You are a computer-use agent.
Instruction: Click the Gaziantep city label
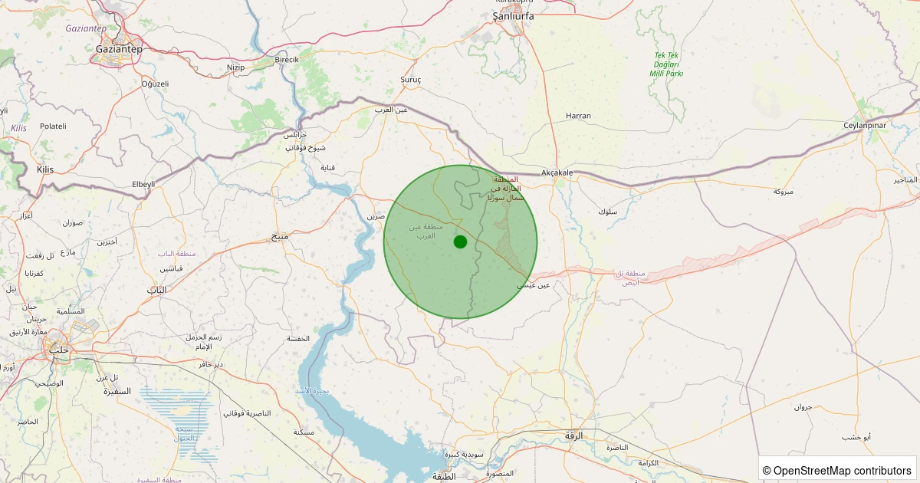(x=119, y=48)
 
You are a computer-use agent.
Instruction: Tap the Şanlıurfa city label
(x=513, y=15)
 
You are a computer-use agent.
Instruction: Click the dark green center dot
(x=460, y=242)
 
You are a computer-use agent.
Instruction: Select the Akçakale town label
(x=557, y=172)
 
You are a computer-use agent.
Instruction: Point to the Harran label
(x=578, y=116)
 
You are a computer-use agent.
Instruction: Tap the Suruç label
(x=411, y=80)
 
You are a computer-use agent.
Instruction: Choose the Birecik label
(x=287, y=60)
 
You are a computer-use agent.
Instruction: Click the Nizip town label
(x=235, y=67)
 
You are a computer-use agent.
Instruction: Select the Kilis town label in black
(x=45, y=169)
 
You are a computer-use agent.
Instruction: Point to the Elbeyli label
(x=143, y=184)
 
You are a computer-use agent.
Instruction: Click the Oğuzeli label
(x=155, y=84)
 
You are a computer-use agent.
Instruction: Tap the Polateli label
(x=53, y=126)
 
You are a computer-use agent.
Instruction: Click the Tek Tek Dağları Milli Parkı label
(x=665, y=64)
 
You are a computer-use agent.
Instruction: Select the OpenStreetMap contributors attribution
(x=838, y=470)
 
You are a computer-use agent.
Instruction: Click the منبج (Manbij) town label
(x=280, y=236)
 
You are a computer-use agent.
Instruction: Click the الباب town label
(x=156, y=290)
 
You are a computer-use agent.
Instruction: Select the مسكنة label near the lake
(x=304, y=432)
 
